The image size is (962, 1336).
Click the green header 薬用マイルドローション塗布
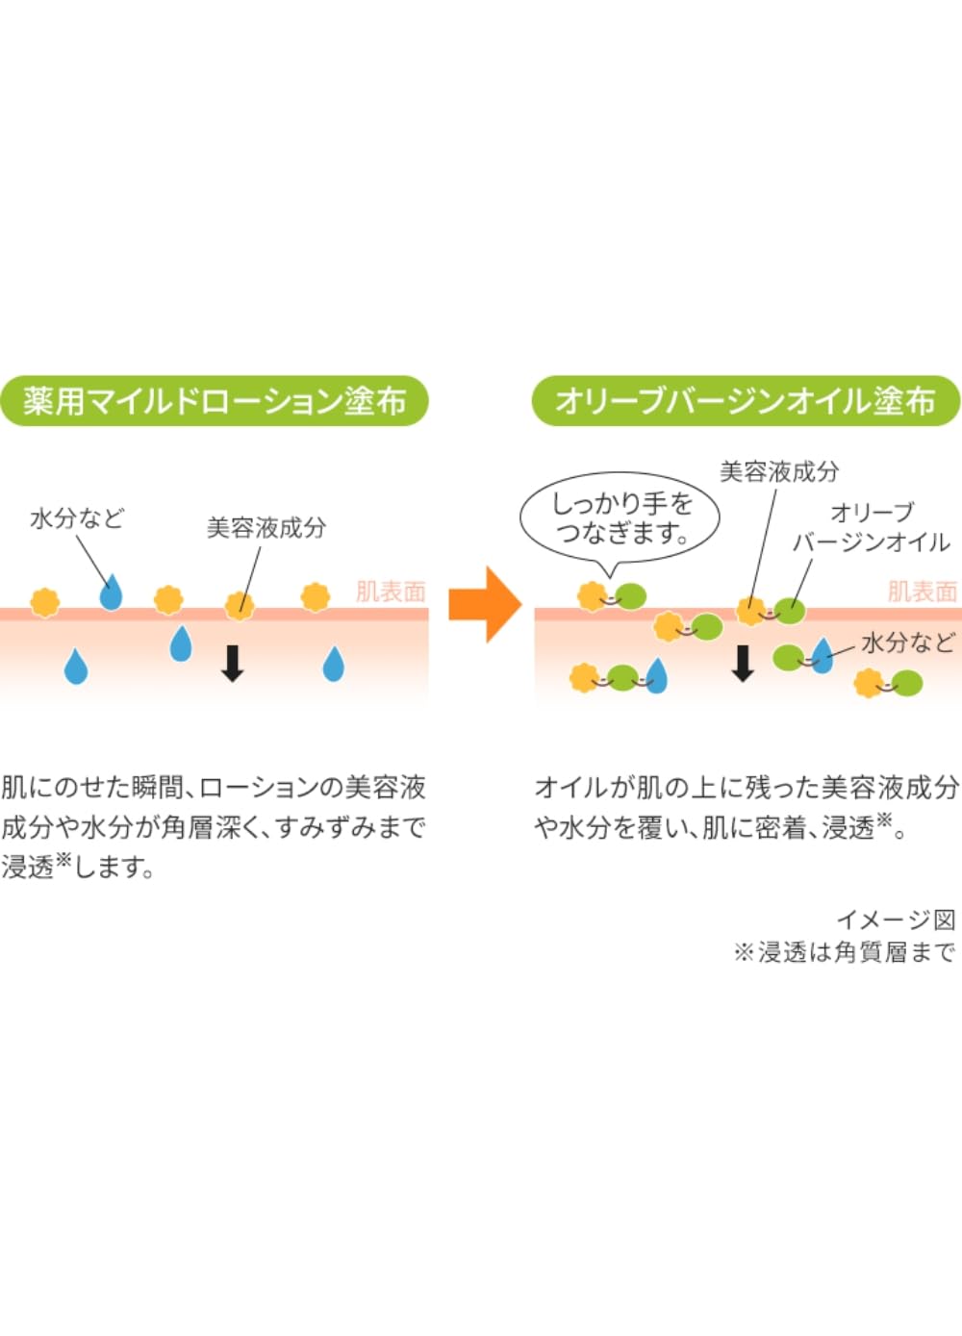tap(215, 401)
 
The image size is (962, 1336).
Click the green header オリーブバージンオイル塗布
tap(747, 401)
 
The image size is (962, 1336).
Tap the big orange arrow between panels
tap(485, 605)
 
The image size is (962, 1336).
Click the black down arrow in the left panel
tap(233, 664)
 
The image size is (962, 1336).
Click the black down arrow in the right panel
tap(743, 664)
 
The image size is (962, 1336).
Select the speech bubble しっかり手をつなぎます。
tap(620, 522)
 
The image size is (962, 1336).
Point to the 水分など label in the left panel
tap(77, 518)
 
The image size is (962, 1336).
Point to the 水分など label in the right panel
tap(907, 643)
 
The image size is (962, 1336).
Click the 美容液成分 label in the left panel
tap(266, 528)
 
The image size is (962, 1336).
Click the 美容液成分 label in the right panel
tap(779, 471)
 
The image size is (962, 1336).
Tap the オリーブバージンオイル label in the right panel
tap(871, 527)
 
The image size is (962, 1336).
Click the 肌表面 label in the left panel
tap(391, 592)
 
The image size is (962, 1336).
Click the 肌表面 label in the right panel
tap(922, 592)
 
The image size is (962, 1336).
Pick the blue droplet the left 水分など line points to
tap(111, 592)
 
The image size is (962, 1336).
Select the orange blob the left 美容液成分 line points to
tap(240, 606)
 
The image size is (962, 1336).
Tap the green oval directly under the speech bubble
tap(631, 595)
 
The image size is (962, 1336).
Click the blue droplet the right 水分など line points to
tap(822, 656)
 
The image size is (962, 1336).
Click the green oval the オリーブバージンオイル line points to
tap(790, 612)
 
